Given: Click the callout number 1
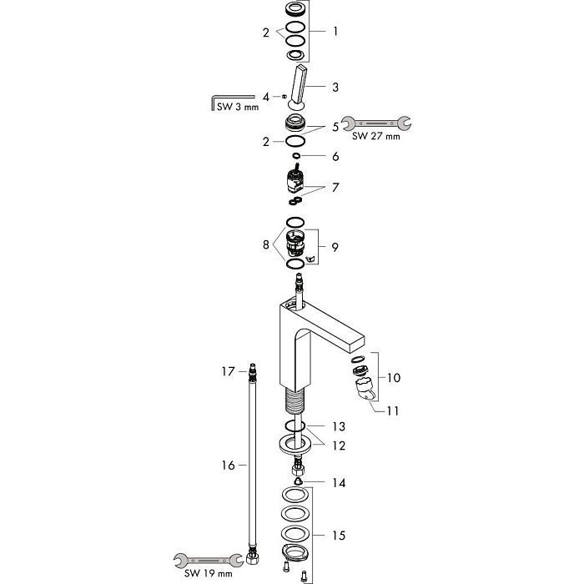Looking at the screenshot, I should pyautogui.click(x=335, y=32).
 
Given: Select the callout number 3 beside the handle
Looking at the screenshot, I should pyautogui.click(x=335, y=87).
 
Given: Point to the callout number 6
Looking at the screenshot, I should pyautogui.click(x=335, y=156).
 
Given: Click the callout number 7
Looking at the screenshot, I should pyautogui.click(x=335, y=188).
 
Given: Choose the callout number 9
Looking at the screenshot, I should pyautogui.click(x=335, y=247).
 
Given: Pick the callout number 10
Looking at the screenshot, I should pyautogui.click(x=394, y=378).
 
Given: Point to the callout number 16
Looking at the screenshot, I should pyautogui.click(x=228, y=466).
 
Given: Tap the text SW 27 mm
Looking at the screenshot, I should pyautogui.click(x=376, y=136).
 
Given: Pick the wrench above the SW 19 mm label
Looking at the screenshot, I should pyautogui.click(x=204, y=560).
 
